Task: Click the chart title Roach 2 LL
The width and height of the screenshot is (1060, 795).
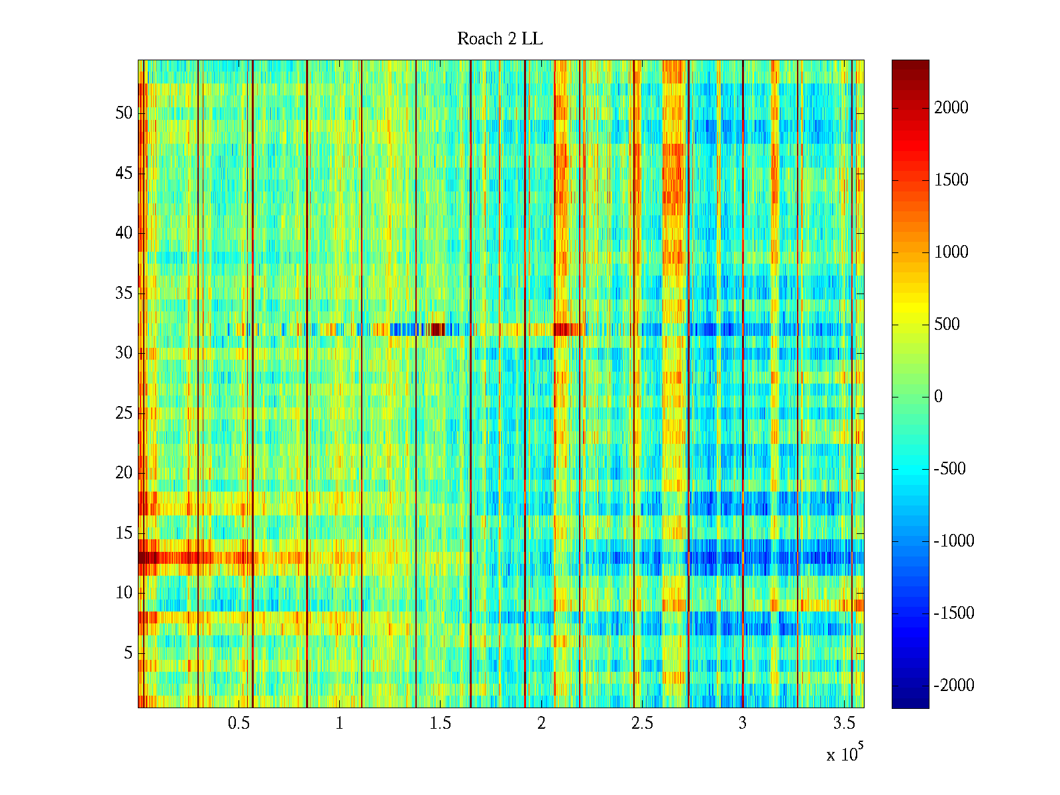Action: pos(500,39)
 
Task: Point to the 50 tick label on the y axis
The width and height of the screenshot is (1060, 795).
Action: pos(124,113)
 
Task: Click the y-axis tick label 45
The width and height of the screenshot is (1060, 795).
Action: pos(124,174)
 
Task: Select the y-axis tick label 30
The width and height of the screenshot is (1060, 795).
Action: pos(124,353)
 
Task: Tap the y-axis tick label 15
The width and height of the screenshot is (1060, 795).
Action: pos(124,533)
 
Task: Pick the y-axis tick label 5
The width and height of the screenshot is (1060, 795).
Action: pos(128,653)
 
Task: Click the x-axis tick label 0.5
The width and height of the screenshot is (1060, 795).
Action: pos(238,723)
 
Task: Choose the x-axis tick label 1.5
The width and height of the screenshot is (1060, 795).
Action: pos(440,723)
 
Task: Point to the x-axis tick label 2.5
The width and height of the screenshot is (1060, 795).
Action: pos(642,723)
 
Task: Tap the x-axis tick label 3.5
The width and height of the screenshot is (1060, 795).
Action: pos(843,723)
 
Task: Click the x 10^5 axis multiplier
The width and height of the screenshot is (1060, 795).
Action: pos(844,754)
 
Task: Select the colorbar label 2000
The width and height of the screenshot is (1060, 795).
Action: pos(951,108)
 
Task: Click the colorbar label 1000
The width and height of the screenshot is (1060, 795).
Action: pos(951,252)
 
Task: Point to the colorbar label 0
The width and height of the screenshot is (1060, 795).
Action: pos(938,397)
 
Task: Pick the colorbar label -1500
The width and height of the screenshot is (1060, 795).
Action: pos(954,613)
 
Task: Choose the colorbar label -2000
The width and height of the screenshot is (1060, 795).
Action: pos(954,686)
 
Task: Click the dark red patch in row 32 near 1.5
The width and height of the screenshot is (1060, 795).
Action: pos(437,329)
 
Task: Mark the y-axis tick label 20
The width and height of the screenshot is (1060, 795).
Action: pos(124,473)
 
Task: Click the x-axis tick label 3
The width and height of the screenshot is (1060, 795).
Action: pos(743,723)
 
